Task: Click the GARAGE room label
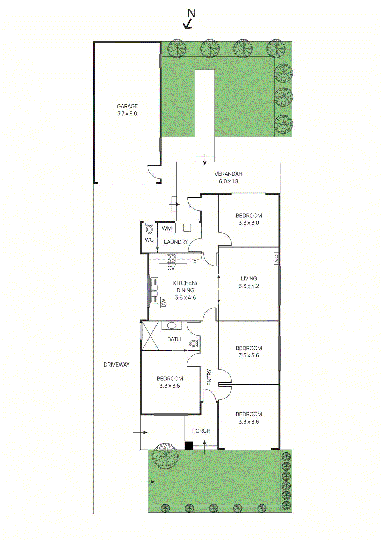(x=127, y=106)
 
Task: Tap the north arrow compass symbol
(x=189, y=20)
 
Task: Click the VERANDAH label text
(x=228, y=174)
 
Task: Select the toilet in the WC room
(x=149, y=230)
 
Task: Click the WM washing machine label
(x=167, y=228)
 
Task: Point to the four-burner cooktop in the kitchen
(x=171, y=259)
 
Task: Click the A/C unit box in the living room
(x=276, y=259)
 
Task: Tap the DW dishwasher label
(x=164, y=303)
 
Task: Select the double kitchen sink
(x=154, y=291)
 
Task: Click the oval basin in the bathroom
(x=172, y=326)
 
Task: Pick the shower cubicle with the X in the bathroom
(x=150, y=336)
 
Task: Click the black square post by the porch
(x=188, y=446)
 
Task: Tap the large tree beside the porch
(x=165, y=456)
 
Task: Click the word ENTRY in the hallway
(x=209, y=377)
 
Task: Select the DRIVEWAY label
(x=117, y=364)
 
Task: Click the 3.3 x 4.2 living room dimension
(x=249, y=286)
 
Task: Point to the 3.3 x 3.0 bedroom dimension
(x=249, y=223)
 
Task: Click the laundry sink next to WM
(x=187, y=227)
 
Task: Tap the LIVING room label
(x=249, y=278)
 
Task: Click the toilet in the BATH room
(x=194, y=344)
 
